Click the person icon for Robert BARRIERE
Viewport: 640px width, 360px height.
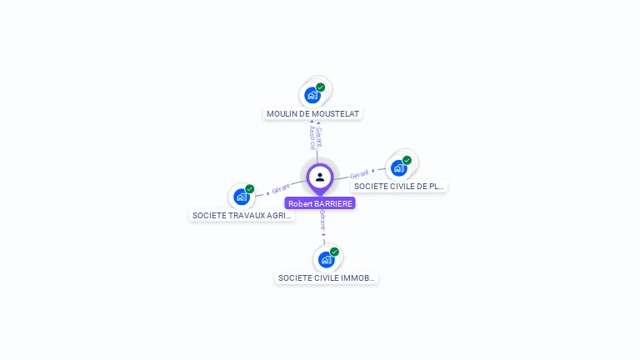click(320, 177)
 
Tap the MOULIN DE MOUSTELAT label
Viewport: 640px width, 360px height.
click(313, 113)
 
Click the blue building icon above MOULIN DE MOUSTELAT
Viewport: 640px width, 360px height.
click(312, 95)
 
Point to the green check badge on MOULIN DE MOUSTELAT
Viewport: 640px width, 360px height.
click(321, 87)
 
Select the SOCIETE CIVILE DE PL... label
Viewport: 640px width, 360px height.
click(399, 187)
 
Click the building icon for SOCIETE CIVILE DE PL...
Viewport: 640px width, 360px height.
click(399, 168)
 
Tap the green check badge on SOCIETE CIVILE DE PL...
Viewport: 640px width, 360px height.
click(407, 160)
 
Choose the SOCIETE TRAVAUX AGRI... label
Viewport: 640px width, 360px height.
click(242, 215)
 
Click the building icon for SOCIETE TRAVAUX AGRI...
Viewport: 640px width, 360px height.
click(242, 197)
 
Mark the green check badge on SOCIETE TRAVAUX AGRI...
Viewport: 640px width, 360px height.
click(250, 189)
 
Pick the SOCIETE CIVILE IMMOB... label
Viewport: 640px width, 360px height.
click(327, 278)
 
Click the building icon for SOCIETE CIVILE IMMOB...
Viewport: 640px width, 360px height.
click(327, 259)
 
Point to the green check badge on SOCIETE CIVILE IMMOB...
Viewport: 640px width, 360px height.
click(334, 252)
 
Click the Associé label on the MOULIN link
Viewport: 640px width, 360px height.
click(312, 137)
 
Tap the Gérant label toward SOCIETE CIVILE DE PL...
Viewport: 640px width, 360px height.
click(359, 174)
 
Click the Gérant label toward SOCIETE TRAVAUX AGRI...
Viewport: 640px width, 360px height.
click(281, 189)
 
